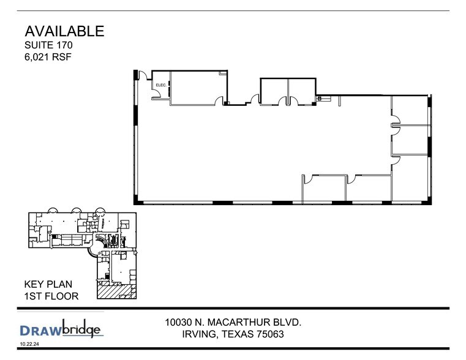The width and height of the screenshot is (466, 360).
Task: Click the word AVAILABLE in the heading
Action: coord(64,31)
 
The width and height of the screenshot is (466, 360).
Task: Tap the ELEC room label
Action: coord(161,85)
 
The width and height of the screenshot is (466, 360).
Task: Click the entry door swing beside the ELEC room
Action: coord(143,76)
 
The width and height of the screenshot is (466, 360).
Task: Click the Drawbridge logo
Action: coord(60,330)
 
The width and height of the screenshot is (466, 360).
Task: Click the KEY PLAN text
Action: coord(48,285)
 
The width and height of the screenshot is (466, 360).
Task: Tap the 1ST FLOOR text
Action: coord(51,296)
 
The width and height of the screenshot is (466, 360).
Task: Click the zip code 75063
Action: coord(268,335)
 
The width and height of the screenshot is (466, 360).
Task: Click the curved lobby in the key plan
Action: coord(95,252)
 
